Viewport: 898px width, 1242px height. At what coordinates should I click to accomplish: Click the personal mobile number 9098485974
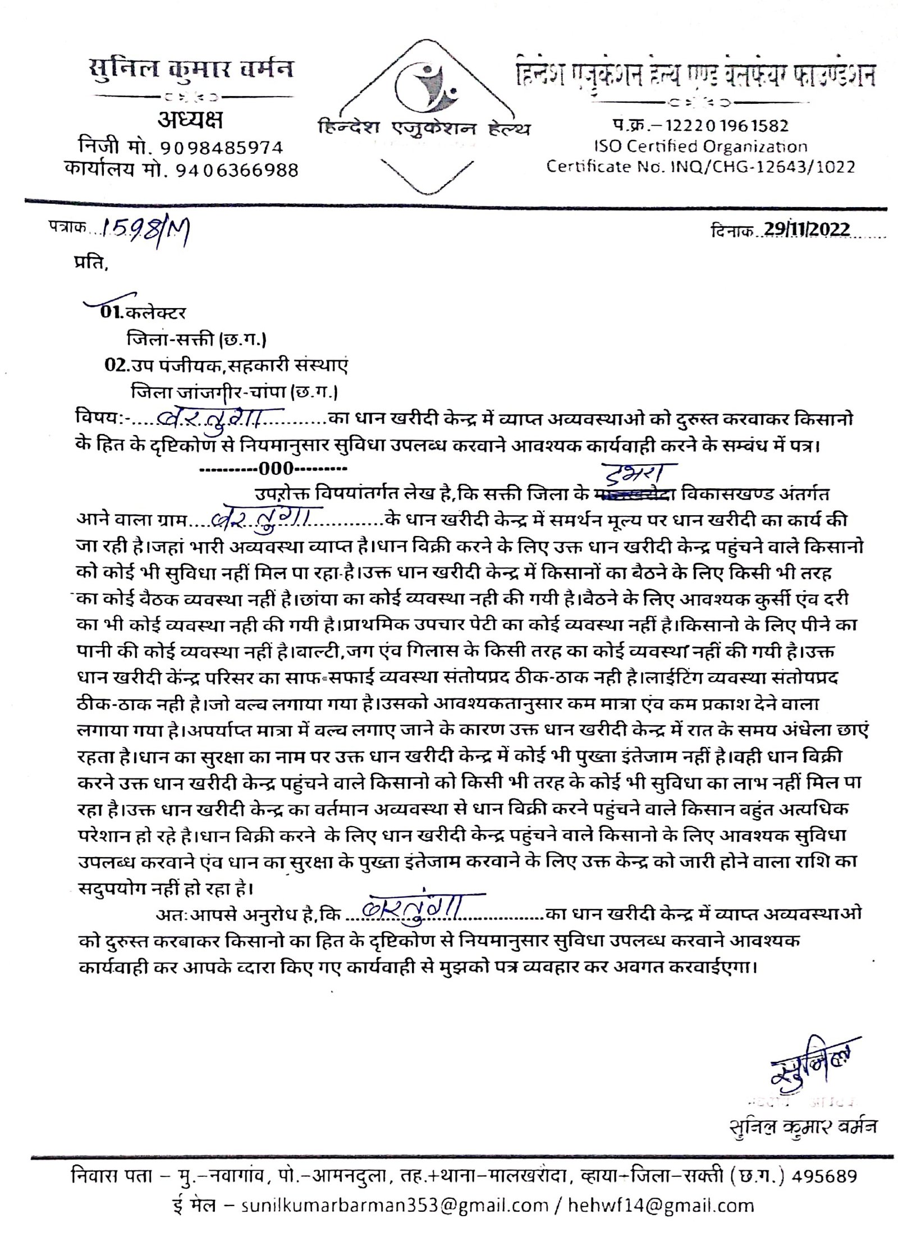[x=222, y=148]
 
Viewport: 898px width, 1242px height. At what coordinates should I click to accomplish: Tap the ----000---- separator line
[x=274, y=468]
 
